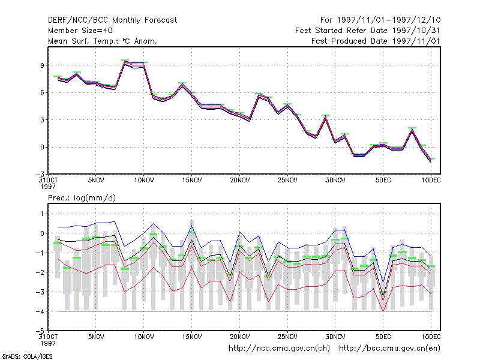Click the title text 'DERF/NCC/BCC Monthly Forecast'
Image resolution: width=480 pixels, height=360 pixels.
112,20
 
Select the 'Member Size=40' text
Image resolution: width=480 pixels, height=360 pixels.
80,31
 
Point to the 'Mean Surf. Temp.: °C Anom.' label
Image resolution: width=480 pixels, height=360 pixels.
102,41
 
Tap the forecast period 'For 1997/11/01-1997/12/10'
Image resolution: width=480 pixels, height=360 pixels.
380,20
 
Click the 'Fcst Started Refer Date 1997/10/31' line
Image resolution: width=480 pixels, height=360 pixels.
367,31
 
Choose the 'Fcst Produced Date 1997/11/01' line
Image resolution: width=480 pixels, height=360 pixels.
376,41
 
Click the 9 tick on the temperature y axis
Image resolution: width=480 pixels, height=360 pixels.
42,65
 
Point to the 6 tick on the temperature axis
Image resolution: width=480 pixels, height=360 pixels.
42,92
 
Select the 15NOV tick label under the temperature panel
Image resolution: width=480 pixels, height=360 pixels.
192,181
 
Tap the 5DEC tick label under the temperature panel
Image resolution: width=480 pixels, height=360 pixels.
383,181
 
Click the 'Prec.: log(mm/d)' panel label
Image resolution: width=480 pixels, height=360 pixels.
82,198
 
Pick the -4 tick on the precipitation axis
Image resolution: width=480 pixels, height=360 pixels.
40,311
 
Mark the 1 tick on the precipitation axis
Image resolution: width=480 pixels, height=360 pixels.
43,214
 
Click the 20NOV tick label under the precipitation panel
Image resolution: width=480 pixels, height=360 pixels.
239,337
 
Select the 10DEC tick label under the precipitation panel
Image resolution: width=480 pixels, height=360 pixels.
431,337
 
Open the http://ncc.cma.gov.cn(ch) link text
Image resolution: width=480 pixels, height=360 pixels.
279,349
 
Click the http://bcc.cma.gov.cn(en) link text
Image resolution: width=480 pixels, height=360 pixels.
389,349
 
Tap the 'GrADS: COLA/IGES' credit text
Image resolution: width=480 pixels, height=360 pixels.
27,356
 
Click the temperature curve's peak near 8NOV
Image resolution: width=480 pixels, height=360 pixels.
125,62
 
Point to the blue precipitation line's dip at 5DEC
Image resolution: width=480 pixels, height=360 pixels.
383,281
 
